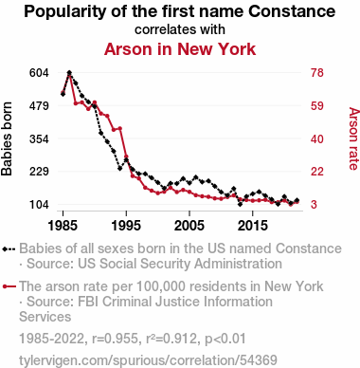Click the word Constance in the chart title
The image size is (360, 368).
click(292, 11)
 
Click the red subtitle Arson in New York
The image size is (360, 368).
click(180, 49)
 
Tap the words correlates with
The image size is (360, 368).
click(180, 29)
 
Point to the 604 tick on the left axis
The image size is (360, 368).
click(39, 73)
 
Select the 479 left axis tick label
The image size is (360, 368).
click(39, 105)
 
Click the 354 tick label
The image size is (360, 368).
click(39, 138)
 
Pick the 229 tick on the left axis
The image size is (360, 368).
click(39, 172)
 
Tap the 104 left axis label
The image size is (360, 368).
click(39, 204)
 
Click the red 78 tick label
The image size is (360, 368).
click(317, 73)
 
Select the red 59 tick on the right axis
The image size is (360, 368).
click(317, 105)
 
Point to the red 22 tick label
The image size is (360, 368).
click(317, 172)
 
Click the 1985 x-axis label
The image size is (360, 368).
click(63, 226)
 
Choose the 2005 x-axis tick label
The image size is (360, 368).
click(189, 226)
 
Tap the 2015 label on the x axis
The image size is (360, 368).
click(252, 226)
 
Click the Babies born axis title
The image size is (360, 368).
click(7, 138)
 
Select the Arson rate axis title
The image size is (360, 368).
click(353, 138)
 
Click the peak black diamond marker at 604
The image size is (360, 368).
click(69, 73)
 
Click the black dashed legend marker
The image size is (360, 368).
click(9, 249)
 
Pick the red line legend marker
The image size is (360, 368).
click(9, 286)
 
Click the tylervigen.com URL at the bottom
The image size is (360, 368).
click(148, 360)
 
